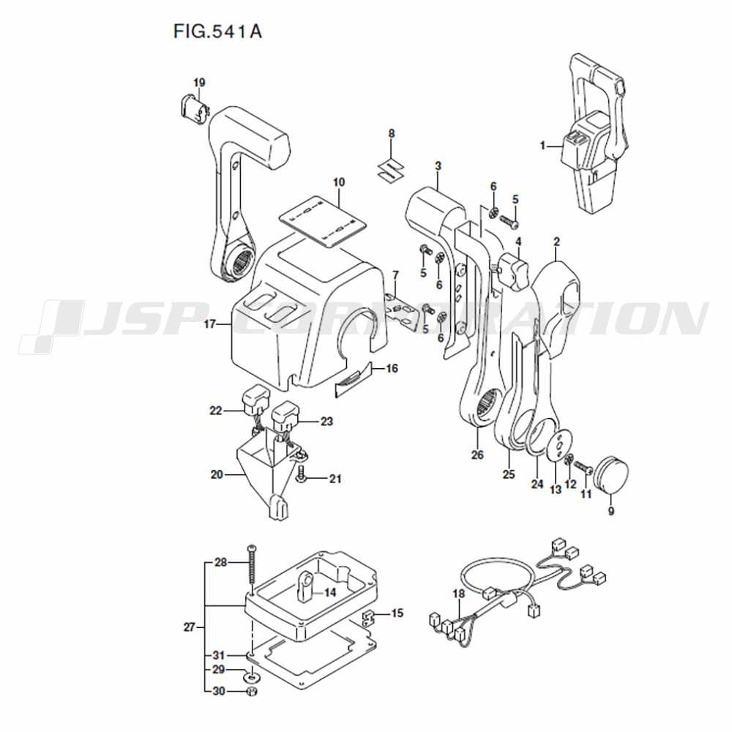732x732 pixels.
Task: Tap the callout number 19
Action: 199,82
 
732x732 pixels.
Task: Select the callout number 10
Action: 338,181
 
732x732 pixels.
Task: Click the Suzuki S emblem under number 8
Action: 391,167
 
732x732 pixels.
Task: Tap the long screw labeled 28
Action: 252,571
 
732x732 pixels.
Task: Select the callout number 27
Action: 190,627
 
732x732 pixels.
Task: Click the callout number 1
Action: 543,146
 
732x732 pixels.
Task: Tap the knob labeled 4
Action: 515,268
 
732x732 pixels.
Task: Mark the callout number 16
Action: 392,368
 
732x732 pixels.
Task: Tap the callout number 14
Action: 330,592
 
